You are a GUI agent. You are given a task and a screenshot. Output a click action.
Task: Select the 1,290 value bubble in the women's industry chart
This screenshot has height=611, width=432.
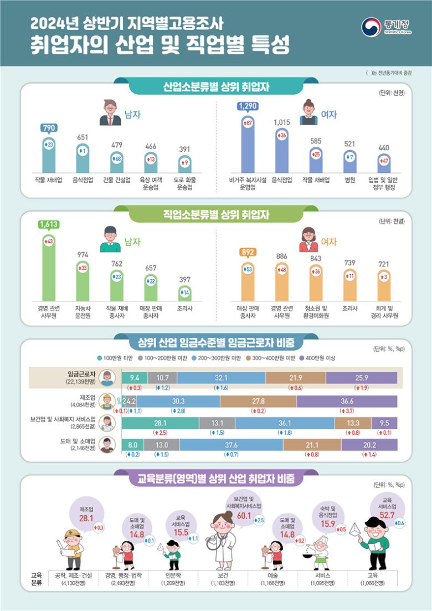[x=248, y=106]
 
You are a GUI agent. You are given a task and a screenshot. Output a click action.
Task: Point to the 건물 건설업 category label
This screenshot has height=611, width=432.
[x=117, y=179]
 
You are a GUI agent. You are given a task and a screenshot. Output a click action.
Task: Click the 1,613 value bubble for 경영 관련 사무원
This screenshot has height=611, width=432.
[x=49, y=224]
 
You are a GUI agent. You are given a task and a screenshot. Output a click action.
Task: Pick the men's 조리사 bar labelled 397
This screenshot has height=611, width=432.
[x=186, y=292]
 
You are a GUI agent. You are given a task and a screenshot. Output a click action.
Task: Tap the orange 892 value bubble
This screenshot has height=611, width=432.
[x=248, y=253]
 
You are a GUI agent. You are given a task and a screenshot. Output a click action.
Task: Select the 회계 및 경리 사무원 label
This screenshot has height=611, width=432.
[x=384, y=311]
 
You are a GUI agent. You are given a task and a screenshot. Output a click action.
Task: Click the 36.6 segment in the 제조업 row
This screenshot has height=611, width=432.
[x=347, y=401]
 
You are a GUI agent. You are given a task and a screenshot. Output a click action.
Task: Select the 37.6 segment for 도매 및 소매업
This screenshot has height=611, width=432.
[x=231, y=444]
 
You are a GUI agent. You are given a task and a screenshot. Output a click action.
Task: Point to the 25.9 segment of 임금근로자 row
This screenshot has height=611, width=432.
[x=361, y=378]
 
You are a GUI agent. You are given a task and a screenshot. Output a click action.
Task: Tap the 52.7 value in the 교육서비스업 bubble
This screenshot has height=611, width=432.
[x=385, y=515]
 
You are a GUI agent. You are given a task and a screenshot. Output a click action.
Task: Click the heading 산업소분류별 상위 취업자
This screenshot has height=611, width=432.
[x=216, y=87]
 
